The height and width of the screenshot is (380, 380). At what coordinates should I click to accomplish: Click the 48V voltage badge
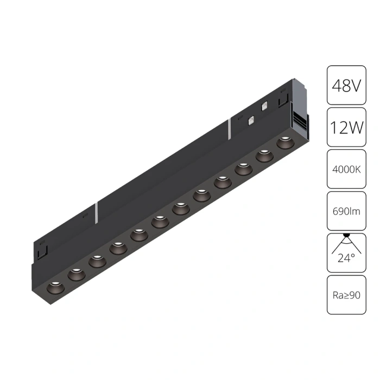pyautogui.click(x=346, y=85)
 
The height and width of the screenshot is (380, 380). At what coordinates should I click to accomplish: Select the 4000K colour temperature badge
pyautogui.click(x=346, y=169)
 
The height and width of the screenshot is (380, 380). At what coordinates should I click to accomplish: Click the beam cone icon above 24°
pyautogui.click(x=346, y=243)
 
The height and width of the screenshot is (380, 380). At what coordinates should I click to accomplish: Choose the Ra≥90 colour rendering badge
pyautogui.click(x=346, y=295)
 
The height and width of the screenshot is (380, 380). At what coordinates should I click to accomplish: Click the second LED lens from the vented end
pyautogui.click(x=263, y=156)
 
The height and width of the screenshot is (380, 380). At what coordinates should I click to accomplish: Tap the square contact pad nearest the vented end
pyautogui.click(x=265, y=107)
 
